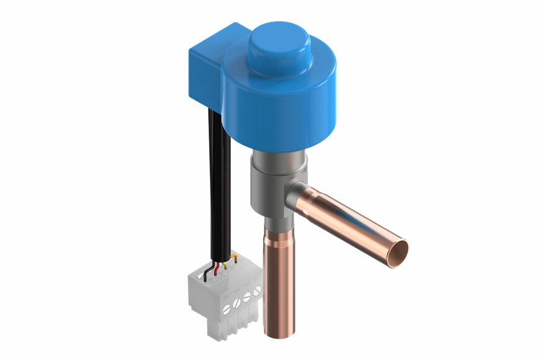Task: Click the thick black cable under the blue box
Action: coord(219,186)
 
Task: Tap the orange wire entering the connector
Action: coord(234,256)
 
